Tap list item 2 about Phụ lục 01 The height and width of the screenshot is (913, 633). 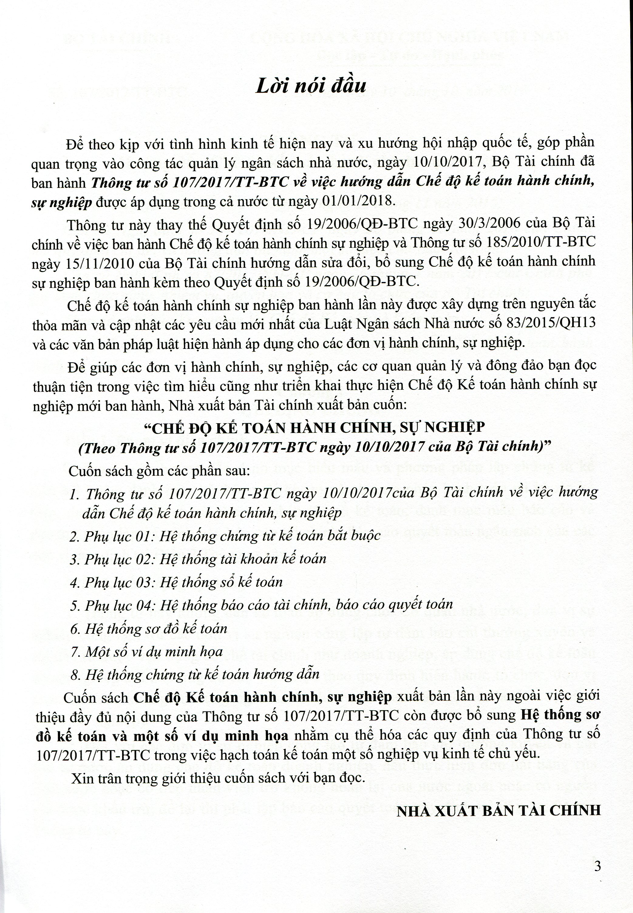(x=225, y=536)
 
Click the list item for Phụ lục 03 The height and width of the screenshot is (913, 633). (x=176, y=582)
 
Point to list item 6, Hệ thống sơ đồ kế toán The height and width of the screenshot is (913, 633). (x=148, y=628)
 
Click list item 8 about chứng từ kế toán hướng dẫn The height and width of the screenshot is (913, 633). (x=194, y=675)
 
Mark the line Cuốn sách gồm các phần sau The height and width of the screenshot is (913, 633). (x=159, y=471)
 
